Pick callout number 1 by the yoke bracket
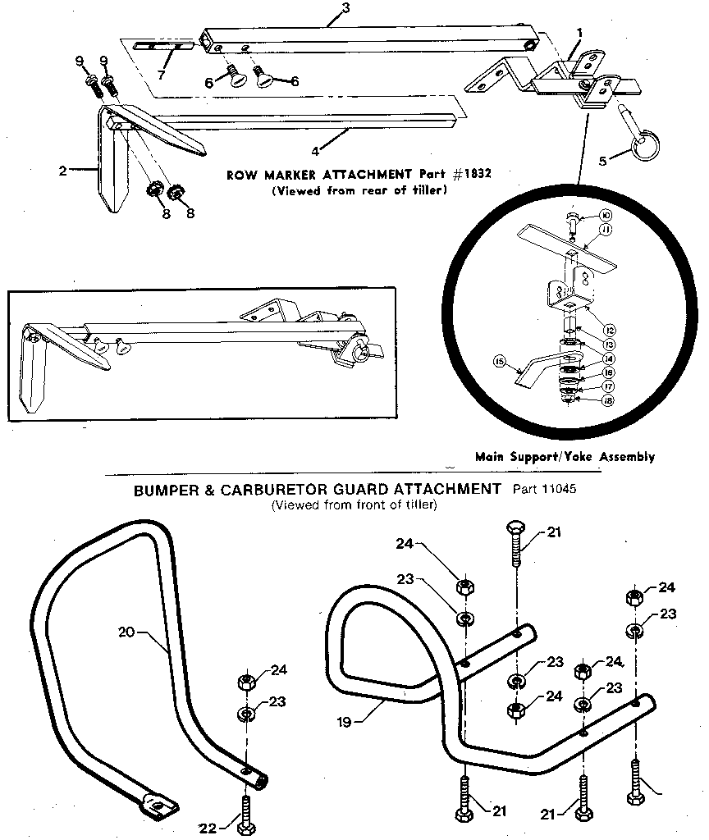pyautogui.click(x=579, y=33)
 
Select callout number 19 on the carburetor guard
pyautogui.click(x=345, y=723)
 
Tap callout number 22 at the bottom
pyautogui.click(x=208, y=828)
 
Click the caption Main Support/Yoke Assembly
pyautogui.click(x=565, y=457)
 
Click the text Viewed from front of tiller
pyautogui.click(x=354, y=505)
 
